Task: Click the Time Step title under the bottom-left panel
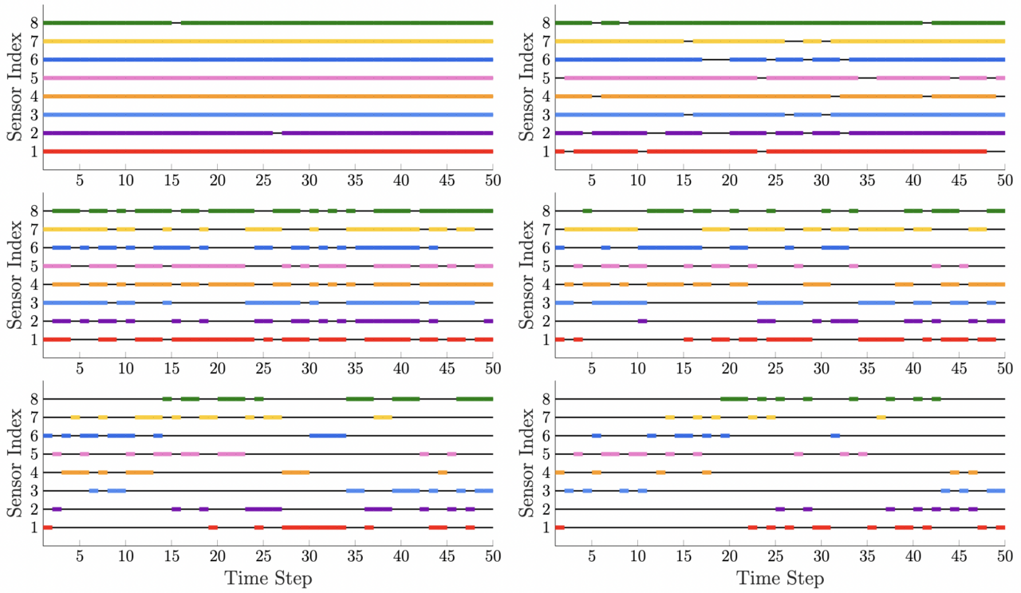pos(268,578)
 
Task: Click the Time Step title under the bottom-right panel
pos(780,578)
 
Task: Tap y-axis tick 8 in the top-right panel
pos(546,22)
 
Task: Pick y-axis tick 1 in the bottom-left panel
pos(34,528)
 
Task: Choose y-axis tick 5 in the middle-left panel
pos(34,266)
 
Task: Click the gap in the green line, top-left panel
pos(176,22)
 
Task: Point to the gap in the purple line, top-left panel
pos(278,133)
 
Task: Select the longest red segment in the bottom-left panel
pos(313,528)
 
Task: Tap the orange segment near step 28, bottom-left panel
pos(295,472)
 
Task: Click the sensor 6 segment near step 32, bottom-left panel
pos(327,436)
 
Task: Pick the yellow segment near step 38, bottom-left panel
pos(382,417)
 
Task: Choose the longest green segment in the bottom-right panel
pos(734,399)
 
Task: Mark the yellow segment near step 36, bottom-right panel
pos(881,417)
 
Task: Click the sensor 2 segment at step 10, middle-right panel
pos(642,321)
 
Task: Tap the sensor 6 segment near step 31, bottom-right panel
pos(835,436)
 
